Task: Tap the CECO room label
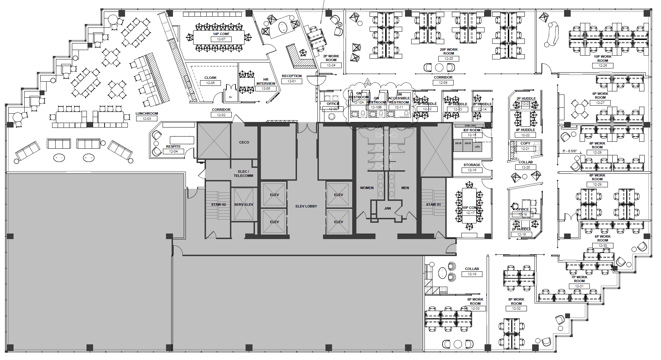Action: pyautogui.click(x=244, y=142)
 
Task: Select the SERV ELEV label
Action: pyautogui.click(x=243, y=205)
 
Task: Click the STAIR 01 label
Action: pyautogui.click(x=433, y=205)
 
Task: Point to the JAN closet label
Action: pyautogui.click(x=388, y=209)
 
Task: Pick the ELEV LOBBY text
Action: pyautogui.click(x=306, y=206)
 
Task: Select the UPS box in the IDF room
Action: pyautogui.click(x=477, y=147)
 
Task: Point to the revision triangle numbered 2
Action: pyautogui.click(x=367, y=82)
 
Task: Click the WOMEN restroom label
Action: pyautogui.click(x=366, y=188)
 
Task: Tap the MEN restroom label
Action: pyautogui.click(x=405, y=188)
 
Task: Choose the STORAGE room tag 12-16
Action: pyautogui.click(x=472, y=170)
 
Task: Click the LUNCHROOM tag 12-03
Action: pyautogui.click(x=147, y=118)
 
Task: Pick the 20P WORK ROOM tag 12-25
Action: pyautogui.click(x=449, y=59)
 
